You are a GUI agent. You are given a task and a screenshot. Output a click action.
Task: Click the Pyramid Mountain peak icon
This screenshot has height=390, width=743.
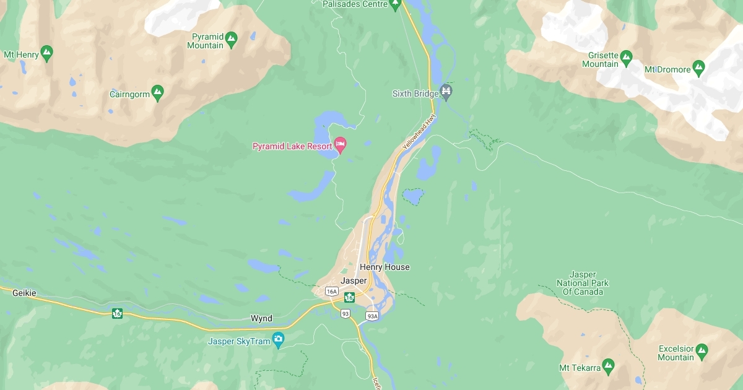click(232, 38)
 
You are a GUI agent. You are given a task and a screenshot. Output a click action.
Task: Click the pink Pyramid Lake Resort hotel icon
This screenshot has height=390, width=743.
click(340, 145)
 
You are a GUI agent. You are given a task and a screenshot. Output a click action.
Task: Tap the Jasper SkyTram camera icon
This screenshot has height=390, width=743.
click(278, 339)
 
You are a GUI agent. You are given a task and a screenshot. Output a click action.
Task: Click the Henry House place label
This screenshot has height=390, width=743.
click(385, 267)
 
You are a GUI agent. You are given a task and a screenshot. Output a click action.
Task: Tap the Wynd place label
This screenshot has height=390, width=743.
click(261, 318)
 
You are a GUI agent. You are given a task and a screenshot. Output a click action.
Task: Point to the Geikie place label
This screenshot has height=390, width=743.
click(24, 293)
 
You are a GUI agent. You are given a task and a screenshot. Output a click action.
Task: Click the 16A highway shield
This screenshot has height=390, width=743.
click(332, 292)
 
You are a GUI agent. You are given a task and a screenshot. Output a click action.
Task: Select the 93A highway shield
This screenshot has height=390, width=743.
click(372, 316)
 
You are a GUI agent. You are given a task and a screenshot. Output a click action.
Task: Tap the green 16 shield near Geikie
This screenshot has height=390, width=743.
click(117, 313)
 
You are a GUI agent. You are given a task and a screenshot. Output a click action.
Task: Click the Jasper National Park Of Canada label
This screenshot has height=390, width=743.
click(582, 283)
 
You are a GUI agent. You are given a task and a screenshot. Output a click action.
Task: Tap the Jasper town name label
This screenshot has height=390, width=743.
click(354, 280)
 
